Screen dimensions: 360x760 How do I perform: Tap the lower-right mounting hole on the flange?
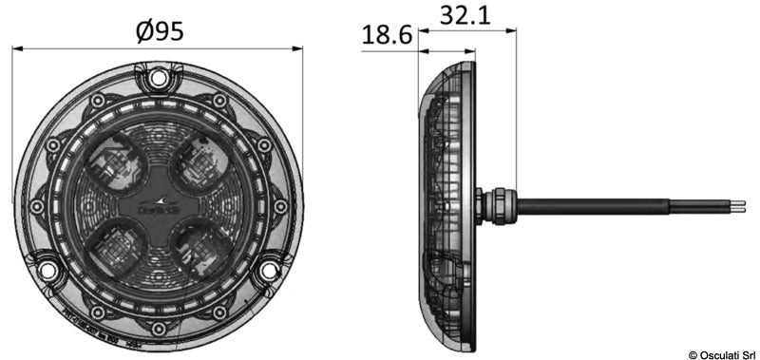[x=269, y=271]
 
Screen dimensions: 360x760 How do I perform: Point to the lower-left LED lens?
[x=116, y=249]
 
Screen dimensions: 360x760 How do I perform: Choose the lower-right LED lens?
[x=201, y=249]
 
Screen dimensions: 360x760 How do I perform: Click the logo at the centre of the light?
[x=159, y=202]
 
